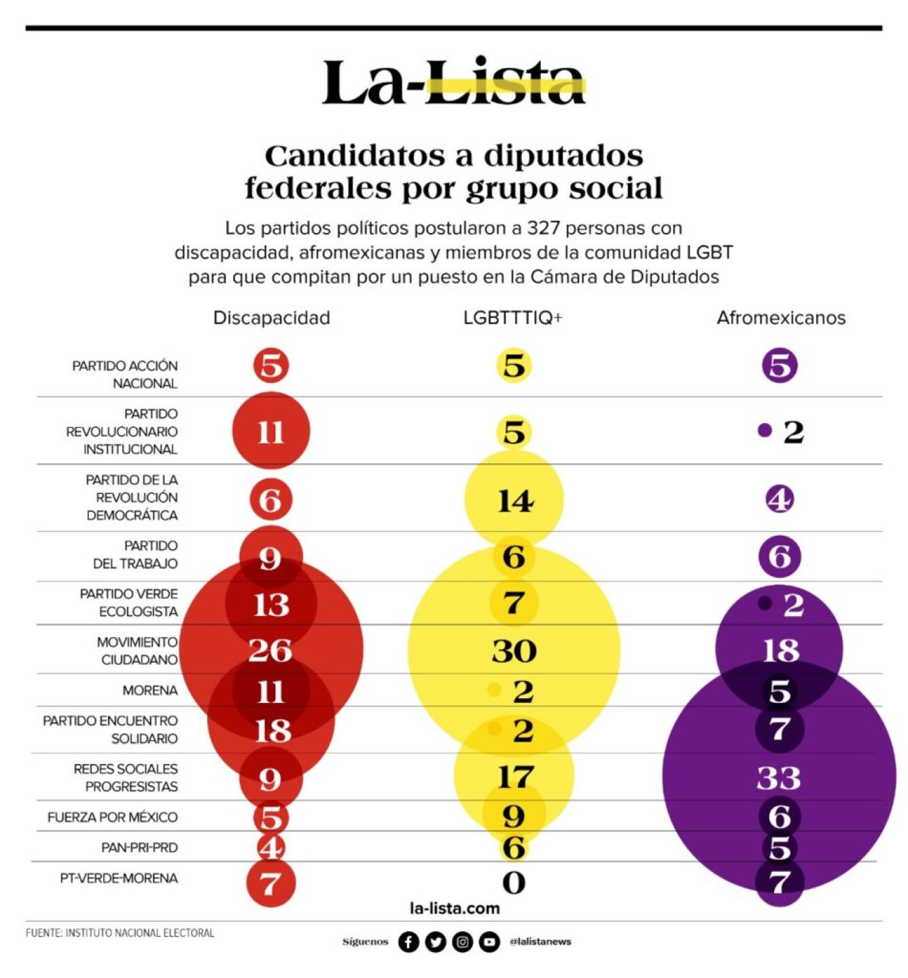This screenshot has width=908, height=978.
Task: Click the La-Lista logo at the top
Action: click(453, 82)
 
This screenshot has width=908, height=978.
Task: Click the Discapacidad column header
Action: click(271, 318)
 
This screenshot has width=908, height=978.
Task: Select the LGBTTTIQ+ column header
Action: click(512, 318)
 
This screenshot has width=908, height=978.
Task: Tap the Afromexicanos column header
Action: click(780, 318)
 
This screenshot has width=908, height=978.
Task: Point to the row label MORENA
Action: click(150, 691)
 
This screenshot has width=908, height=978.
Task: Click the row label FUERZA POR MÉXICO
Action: click(112, 818)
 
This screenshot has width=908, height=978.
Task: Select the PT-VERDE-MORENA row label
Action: click(118, 879)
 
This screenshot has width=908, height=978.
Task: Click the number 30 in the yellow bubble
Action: click(514, 651)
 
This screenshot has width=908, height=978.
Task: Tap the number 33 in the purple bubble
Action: click(779, 778)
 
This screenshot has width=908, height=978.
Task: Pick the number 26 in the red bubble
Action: click(270, 651)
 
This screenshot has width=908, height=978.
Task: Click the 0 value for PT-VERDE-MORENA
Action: click(514, 883)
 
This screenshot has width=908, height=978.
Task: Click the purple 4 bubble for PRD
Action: click(780, 500)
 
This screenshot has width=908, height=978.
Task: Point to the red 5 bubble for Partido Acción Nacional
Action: click(271, 366)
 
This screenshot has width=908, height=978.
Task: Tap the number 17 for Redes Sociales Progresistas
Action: click(514, 777)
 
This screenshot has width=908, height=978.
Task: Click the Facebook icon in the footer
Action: click(408, 942)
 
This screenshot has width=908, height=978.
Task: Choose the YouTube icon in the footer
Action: click(489, 942)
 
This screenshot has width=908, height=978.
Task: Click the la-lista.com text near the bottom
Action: click(454, 909)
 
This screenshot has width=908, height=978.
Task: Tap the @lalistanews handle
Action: click(540, 942)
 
